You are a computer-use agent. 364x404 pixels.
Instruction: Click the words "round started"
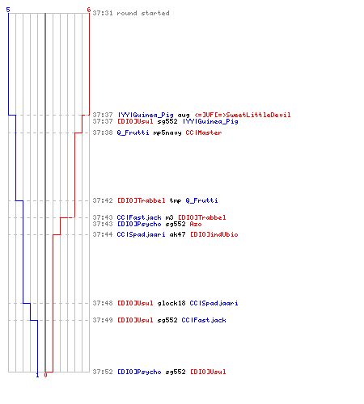143,13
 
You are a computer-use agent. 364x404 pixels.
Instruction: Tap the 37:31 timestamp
103,13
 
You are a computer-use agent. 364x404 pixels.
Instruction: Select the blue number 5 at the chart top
8,10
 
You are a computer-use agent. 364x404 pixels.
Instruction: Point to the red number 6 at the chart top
89,10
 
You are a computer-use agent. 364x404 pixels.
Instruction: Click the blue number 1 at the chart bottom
37,375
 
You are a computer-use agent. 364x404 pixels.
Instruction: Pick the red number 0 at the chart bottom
45,375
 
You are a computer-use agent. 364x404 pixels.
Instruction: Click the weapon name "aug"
184,115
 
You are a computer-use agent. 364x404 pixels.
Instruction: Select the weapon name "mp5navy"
167,133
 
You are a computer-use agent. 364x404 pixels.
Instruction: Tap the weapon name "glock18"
171,303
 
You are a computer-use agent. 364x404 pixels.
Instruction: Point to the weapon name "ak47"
177,234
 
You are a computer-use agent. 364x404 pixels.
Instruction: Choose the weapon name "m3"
169,217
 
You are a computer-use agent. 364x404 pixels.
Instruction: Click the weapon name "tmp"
176,201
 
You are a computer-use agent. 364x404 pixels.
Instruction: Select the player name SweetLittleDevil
258,115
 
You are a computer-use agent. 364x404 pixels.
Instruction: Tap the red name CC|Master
204,133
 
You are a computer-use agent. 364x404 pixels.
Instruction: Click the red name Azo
196,224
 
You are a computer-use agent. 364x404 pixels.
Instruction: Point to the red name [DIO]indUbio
214,234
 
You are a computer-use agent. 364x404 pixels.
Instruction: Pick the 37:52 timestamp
103,372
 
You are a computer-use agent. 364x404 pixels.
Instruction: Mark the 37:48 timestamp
103,303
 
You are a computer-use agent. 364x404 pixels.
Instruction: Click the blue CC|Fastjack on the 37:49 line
204,320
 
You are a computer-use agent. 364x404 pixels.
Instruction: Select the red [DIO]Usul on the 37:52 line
208,372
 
